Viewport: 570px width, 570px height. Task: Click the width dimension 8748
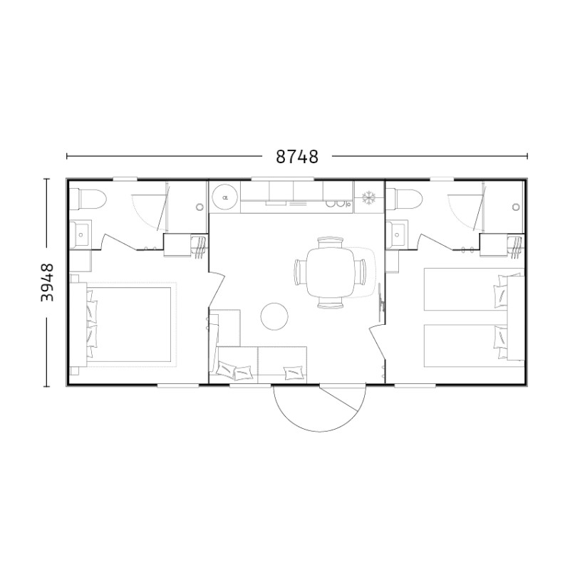[x=296, y=157]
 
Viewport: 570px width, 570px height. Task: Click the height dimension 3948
[x=47, y=282]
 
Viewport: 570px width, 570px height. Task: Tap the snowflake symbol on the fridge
[x=368, y=198]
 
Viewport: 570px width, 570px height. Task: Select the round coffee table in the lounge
[x=274, y=316]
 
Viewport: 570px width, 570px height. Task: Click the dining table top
[x=331, y=273]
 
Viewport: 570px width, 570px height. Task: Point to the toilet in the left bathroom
[x=88, y=199]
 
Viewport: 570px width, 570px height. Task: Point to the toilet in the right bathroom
[x=404, y=199]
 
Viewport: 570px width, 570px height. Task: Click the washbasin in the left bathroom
[x=81, y=234]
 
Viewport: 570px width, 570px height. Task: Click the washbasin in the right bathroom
[x=397, y=234]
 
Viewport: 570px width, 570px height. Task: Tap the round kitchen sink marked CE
[x=225, y=197]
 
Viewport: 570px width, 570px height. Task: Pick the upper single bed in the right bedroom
[x=474, y=289]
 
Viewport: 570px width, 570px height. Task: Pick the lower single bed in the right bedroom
[x=474, y=346]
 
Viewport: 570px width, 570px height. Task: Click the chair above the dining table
[x=331, y=242]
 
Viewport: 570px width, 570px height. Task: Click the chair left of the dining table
[x=300, y=272]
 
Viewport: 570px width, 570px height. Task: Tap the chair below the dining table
[x=331, y=303]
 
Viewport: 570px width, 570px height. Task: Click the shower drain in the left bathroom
[x=199, y=207]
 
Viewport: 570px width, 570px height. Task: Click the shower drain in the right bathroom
[x=516, y=207]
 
